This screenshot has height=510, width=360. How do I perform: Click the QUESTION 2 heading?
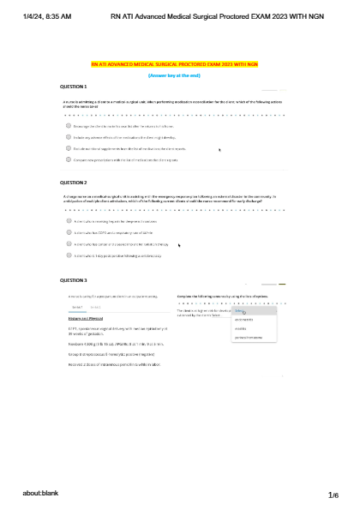[x=73, y=183]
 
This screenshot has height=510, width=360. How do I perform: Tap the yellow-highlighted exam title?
[x=180, y=64]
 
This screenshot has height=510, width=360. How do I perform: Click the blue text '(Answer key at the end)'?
[x=180, y=75]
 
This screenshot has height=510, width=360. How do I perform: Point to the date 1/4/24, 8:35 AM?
[x=47, y=15]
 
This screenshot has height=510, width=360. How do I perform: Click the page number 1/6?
[x=333, y=495]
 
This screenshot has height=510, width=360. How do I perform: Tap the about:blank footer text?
[x=40, y=495]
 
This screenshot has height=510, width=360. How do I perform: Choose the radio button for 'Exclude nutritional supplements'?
[x=68, y=147]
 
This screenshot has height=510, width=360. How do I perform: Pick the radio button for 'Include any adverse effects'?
[x=68, y=135]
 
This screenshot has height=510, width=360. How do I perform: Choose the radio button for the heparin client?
[x=68, y=220]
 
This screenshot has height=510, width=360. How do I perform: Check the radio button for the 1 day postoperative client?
[x=68, y=255]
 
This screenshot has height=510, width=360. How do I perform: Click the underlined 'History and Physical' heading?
[x=85, y=318]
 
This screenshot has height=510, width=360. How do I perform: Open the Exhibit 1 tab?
[x=76, y=306]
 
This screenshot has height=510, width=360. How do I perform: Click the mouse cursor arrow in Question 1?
[x=220, y=149]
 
